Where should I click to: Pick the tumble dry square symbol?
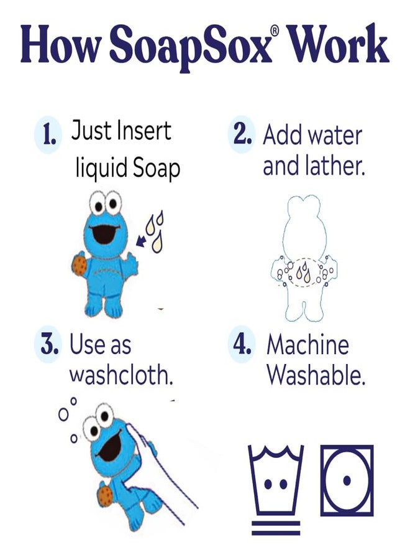point(347,480)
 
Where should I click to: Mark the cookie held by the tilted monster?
point(105,495)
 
